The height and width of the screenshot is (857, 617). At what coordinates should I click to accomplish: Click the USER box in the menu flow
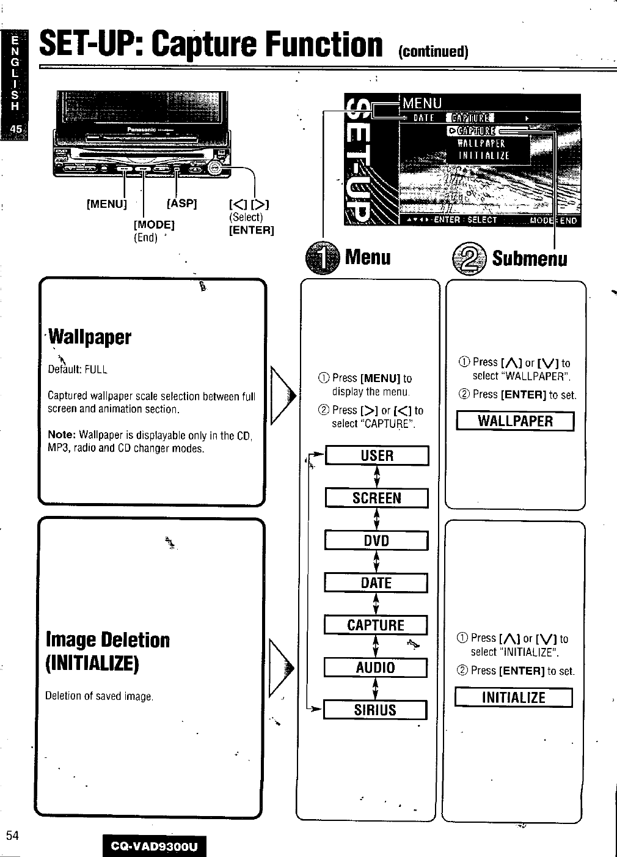click(377, 456)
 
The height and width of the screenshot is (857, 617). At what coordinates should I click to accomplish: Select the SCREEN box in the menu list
click(376, 498)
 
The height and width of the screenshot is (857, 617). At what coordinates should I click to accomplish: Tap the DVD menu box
click(376, 541)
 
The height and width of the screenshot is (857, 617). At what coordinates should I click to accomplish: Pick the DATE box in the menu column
click(376, 583)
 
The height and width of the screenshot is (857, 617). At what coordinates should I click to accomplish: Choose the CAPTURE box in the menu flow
click(375, 625)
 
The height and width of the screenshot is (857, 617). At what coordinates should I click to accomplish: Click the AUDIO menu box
click(375, 668)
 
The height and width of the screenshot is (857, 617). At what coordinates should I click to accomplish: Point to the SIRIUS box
click(374, 710)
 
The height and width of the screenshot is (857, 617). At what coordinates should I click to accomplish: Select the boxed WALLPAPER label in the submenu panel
click(515, 421)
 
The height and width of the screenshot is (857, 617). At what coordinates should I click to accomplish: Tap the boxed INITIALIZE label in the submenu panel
click(513, 697)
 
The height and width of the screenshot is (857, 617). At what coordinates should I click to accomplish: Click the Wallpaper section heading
click(90, 337)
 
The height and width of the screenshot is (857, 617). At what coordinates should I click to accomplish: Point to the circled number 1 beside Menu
click(322, 257)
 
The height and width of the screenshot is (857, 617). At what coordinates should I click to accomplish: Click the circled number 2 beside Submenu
click(469, 257)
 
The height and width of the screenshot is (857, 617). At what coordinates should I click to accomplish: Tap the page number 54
click(12, 836)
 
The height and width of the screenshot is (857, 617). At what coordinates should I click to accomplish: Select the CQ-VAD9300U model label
click(155, 847)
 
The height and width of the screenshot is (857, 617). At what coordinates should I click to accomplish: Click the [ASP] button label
click(181, 203)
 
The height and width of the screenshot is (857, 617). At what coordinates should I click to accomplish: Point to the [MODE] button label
click(154, 224)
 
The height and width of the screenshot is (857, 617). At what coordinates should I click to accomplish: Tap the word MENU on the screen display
click(422, 103)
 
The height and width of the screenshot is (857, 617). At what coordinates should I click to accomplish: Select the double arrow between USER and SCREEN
click(377, 477)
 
